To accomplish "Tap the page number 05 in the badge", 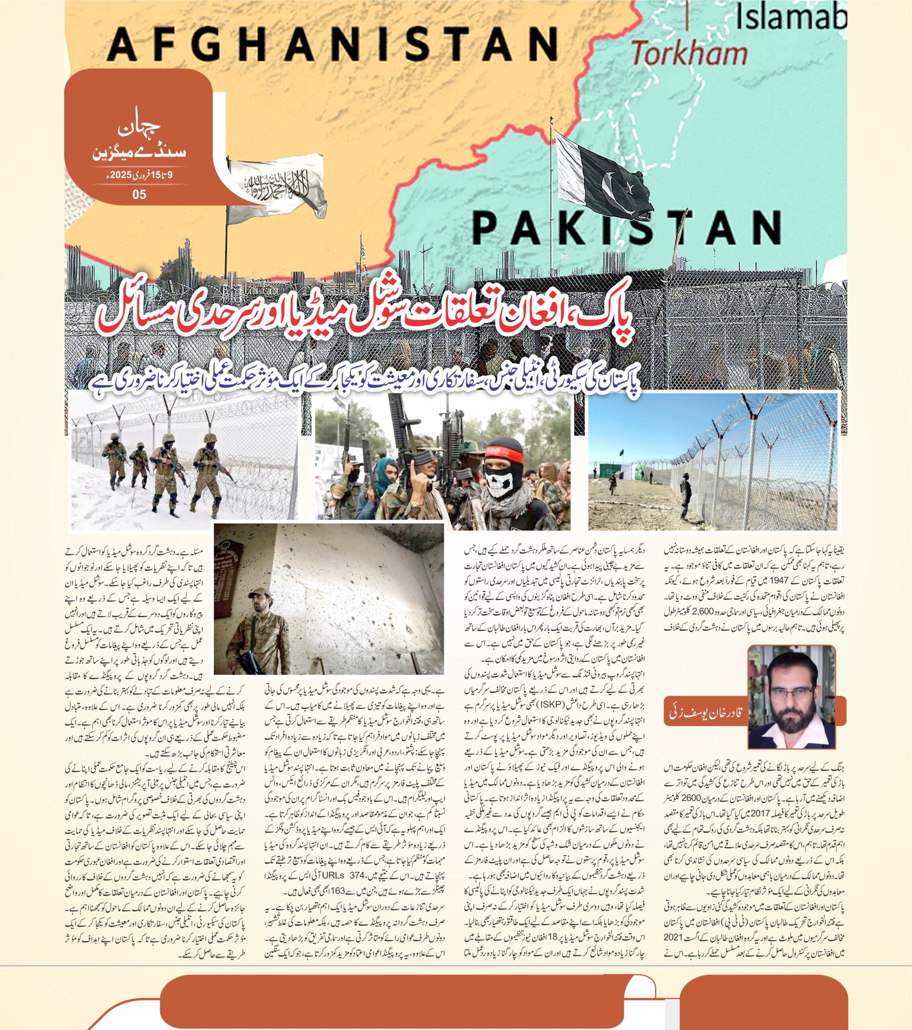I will (139, 194).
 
